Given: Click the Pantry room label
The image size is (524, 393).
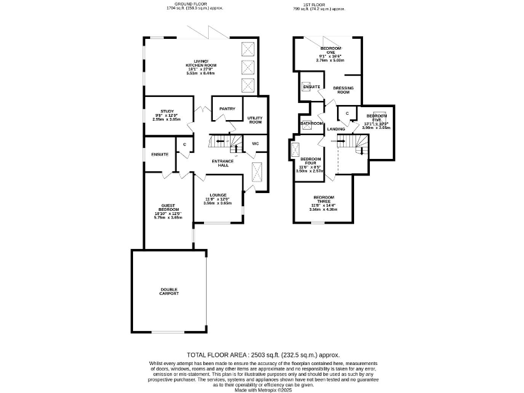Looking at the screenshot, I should pyautogui.click(x=227, y=108).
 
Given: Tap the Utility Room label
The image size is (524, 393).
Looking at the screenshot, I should pyautogui.click(x=255, y=120).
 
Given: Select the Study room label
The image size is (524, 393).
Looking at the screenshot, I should pyautogui.click(x=167, y=111).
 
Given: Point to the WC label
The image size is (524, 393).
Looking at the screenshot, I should pyautogui.click(x=255, y=144).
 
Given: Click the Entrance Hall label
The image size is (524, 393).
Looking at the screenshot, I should pyautogui.click(x=222, y=162).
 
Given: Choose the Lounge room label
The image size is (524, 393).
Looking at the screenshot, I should pyautogui.click(x=218, y=195).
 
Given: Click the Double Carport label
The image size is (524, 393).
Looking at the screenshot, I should pyautogui.click(x=169, y=291).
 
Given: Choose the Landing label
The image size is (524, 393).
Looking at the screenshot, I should pyautogui.click(x=336, y=129).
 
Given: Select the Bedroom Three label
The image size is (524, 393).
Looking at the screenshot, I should pyautogui.click(x=323, y=199).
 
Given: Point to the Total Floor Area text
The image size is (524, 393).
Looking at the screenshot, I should pyautogui.click(x=263, y=355).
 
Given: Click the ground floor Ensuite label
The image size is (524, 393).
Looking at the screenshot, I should pyautogui.click(x=160, y=154).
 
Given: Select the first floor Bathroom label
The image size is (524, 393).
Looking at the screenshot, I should pyautogui.click(x=312, y=123).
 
